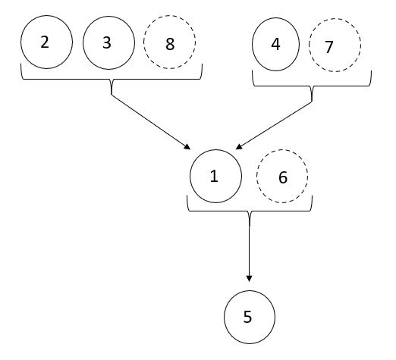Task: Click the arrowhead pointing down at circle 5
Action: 249,279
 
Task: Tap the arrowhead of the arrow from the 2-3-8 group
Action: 187,147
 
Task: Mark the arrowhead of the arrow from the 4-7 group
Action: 239,147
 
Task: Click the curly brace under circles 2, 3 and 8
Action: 112,79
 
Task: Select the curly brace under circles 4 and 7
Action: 312,86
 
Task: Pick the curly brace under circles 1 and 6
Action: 250,211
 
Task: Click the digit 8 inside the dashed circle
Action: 170,44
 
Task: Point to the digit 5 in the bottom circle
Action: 247,317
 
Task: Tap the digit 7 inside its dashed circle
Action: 328,47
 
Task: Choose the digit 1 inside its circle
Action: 214,176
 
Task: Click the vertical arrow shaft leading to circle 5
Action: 250,252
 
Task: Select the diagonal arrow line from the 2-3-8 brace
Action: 149,121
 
